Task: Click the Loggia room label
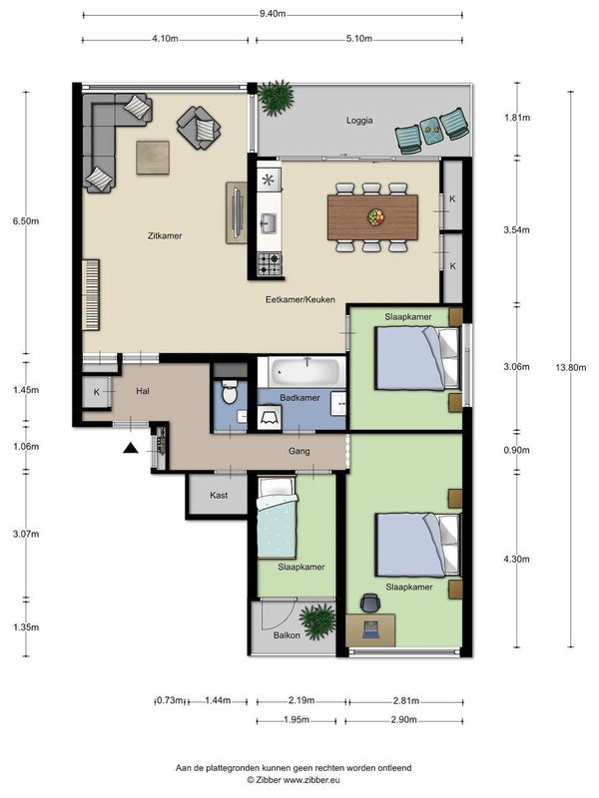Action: pyautogui.click(x=359, y=121)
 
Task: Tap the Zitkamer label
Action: pyautogui.click(x=165, y=235)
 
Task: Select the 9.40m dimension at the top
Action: pyautogui.click(x=273, y=14)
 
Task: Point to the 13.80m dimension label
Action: pyautogui.click(x=570, y=367)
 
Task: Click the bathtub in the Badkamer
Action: pyautogui.click(x=306, y=372)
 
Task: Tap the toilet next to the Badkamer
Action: pyautogui.click(x=230, y=392)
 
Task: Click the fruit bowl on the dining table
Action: pyautogui.click(x=376, y=216)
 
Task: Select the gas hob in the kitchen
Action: pyautogui.click(x=269, y=264)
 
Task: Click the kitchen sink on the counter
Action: pyautogui.click(x=269, y=222)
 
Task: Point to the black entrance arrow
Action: pyautogui.click(x=131, y=448)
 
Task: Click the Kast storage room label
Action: pyautogui.click(x=219, y=495)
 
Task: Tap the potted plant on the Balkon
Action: pyautogui.click(x=317, y=621)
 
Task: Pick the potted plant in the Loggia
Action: pyautogui.click(x=277, y=98)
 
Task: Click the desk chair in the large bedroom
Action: pyautogui.click(x=370, y=602)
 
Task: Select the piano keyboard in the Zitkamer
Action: pyautogui.click(x=91, y=294)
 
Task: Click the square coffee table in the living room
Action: pyautogui.click(x=153, y=158)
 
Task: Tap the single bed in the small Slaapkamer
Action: pyautogui.click(x=277, y=518)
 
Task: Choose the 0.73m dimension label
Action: pyautogui.click(x=170, y=701)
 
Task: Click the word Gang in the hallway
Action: pyautogui.click(x=299, y=451)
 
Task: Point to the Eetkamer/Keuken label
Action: pyautogui.click(x=300, y=300)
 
